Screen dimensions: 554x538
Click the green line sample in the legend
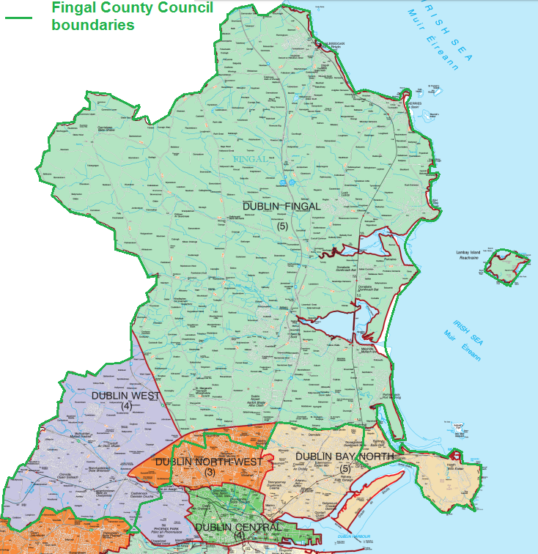pyautogui.click(x=18, y=15)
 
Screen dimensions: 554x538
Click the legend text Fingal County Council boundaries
pyautogui.click(x=132, y=15)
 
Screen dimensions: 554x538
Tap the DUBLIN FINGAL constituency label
pyautogui.click(x=281, y=207)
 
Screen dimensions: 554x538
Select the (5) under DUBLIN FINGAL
pyautogui.click(x=282, y=226)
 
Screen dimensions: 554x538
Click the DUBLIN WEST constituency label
pyautogui.click(x=126, y=396)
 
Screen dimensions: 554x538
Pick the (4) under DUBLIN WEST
pyautogui.click(x=127, y=407)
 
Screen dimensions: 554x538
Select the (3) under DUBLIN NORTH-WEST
pyautogui.click(x=210, y=473)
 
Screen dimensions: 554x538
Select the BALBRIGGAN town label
pyautogui.click(x=330, y=43)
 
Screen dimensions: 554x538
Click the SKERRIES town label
pyautogui.click(x=416, y=104)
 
